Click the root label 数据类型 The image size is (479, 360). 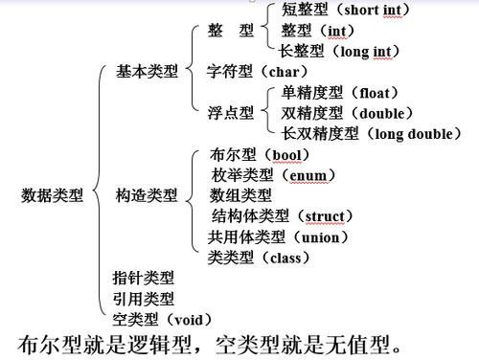[52, 195]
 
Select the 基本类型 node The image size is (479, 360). [147, 71]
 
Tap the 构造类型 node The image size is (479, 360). [147, 195]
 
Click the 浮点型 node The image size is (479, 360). [231, 113]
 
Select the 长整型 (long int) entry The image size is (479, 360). [335, 52]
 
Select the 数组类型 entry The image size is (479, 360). [240, 195]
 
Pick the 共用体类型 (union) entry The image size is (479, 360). [278, 236]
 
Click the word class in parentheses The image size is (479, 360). [289, 257]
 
